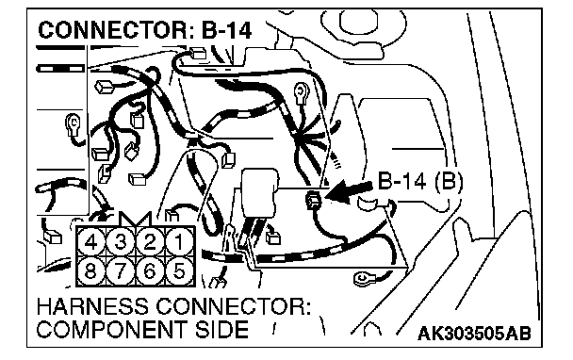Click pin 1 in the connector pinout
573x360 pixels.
coord(179,241)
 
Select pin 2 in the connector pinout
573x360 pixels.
coord(150,241)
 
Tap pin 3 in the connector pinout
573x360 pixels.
coord(121,241)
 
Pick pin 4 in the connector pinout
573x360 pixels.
coord(91,241)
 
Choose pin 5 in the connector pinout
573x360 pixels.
coord(179,270)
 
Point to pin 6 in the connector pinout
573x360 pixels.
coord(150,270)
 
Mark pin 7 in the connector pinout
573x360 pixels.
coord(121,270)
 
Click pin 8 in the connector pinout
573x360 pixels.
coord(91,270)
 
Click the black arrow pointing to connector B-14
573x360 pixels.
coord(349,190)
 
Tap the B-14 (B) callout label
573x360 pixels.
coord(420,182)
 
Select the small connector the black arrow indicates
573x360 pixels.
coord(314,200)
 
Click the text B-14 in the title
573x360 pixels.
coord(226,30)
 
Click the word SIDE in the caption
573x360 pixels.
coord(221,330)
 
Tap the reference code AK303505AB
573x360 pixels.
coord(474,334)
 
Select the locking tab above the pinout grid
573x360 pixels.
coord(135,220)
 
